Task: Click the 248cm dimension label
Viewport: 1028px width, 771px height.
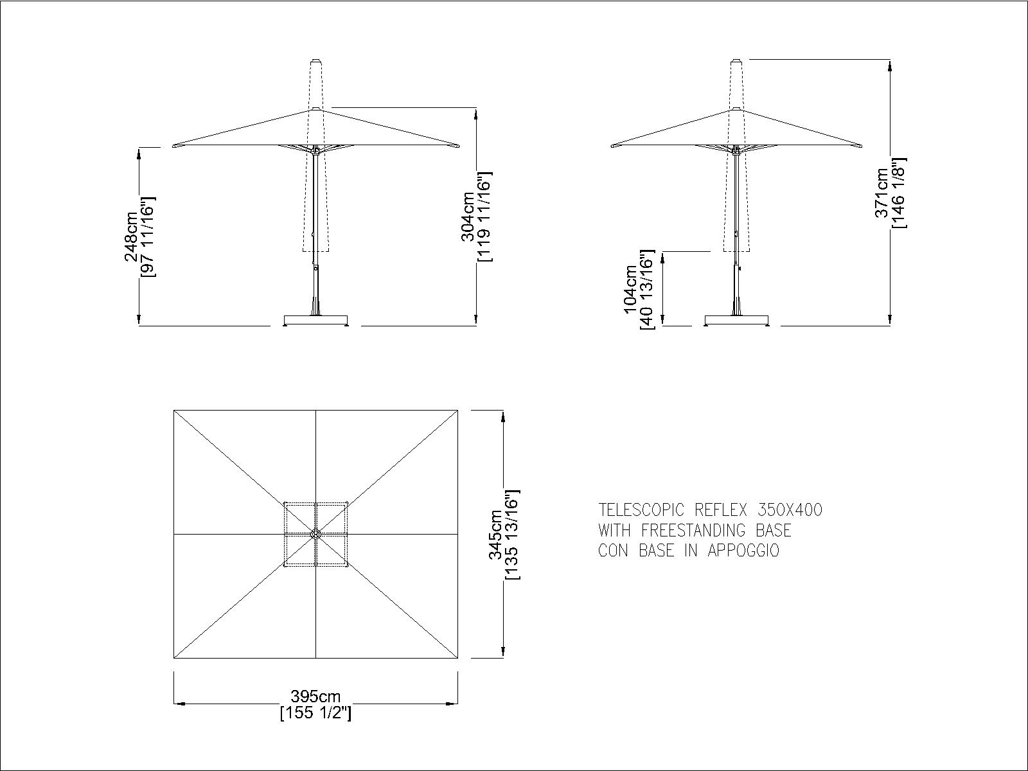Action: pos(130,237)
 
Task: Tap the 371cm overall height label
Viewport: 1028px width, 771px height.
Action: pos(882,193)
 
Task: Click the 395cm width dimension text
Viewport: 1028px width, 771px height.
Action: pos(315,696)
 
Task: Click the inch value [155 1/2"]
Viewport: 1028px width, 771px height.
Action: pos(315,713)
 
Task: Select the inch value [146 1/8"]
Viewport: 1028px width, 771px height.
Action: pos(899,193)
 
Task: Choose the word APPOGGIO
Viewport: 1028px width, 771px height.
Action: pos(743,551)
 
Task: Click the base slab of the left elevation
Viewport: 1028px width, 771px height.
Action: pos(316,320)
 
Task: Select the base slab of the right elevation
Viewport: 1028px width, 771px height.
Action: pos(737,320)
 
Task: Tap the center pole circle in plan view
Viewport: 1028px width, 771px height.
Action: pos(315,534)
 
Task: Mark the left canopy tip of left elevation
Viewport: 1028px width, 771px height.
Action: pos(173,146)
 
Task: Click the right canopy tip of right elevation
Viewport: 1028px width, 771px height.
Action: pos(861,146)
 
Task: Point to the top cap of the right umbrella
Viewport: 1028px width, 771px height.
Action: pos(737,61)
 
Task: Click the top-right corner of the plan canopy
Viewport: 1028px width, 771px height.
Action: pos(457,410)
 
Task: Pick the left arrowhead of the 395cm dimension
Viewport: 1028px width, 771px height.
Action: pos(179,703)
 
